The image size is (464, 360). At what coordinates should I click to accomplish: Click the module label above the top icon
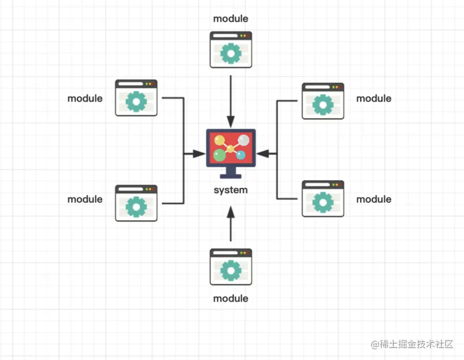click(230, 19)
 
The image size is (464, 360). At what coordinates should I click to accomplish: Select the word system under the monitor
click(230, 190)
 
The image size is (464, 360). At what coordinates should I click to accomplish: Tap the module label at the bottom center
click(230, 299)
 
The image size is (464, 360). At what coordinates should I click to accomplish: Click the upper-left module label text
click(85, 99)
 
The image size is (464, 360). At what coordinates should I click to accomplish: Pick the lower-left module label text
click(85, 199)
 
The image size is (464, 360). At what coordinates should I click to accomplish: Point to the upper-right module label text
click(374, 99)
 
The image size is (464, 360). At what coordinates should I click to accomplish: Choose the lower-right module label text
click(374, 199)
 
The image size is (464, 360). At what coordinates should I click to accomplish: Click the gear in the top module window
click(230, 53)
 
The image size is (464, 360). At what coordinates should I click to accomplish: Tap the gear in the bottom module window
click(230, 270)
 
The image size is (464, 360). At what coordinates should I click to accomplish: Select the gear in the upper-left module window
click(136, 101)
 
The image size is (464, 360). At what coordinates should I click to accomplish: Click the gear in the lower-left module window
click(136, 206)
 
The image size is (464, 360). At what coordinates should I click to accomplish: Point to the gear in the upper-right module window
click(323, 105)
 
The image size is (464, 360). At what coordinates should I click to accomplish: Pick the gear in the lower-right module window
click(323, 202)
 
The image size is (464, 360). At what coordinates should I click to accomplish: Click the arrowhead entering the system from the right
click(261, 153)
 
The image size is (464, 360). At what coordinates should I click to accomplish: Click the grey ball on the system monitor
click(244, 140)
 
